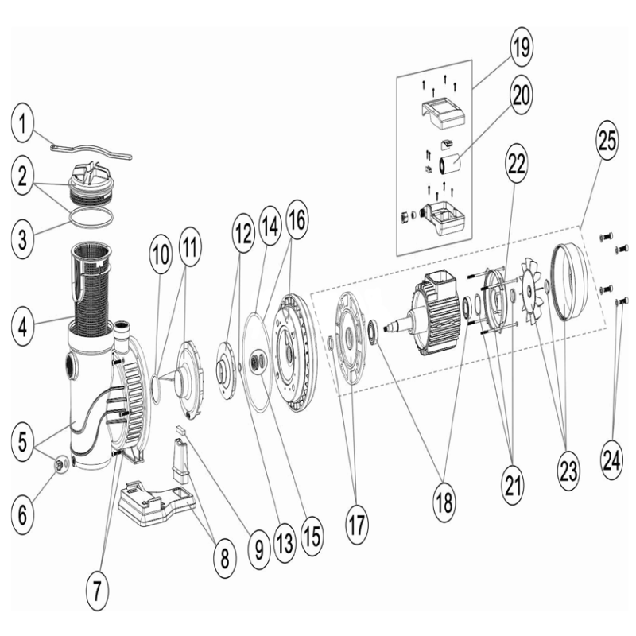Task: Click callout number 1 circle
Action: tap(27, 123)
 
